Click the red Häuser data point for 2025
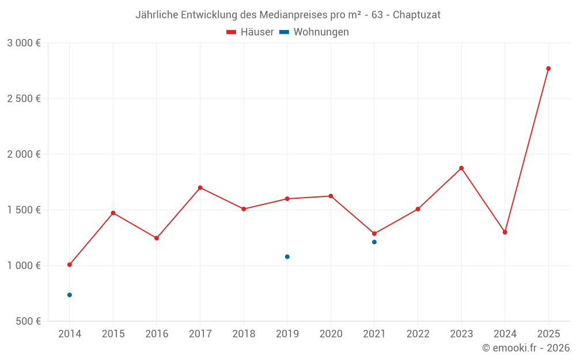point(548,69)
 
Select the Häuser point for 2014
point(70,265)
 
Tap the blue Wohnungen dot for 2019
point(287,257)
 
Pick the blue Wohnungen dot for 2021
point(374,242)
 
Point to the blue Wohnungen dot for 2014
point(70,295)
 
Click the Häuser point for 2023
point(461,168)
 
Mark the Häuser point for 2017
point(200,188)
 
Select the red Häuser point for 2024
point(505,232)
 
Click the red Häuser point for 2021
point(374,234)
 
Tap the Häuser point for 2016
point(157,238)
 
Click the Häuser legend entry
point(251,32)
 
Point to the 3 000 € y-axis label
point(24,43)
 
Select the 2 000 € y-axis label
point(24,154)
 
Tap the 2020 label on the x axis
point(331,334)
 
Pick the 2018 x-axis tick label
point(244,334)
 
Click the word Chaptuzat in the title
point(416,15)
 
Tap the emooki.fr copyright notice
point(526,348)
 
